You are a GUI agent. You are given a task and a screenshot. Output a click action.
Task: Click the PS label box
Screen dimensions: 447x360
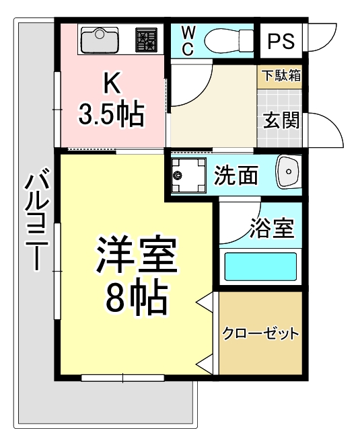point(281,41)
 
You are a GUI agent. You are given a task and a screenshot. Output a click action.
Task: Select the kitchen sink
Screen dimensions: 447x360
point(100,41)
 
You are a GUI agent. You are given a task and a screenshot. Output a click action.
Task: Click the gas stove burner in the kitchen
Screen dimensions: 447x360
point(146,41)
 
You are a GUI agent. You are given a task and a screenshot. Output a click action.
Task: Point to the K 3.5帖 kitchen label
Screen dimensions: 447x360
point(111,99)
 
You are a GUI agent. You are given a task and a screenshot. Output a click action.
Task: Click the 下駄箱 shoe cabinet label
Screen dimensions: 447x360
point(281,75)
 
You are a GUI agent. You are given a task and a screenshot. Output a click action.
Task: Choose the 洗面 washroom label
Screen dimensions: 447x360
point(236,175)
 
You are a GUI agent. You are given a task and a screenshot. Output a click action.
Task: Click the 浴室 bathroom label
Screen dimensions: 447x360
point(272,229)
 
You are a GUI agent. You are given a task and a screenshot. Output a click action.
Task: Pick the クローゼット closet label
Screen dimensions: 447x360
point(260,333)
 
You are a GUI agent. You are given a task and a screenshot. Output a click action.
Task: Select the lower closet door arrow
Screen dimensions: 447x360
point(205,365)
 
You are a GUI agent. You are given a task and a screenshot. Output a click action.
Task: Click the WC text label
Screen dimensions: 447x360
point(188,40)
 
